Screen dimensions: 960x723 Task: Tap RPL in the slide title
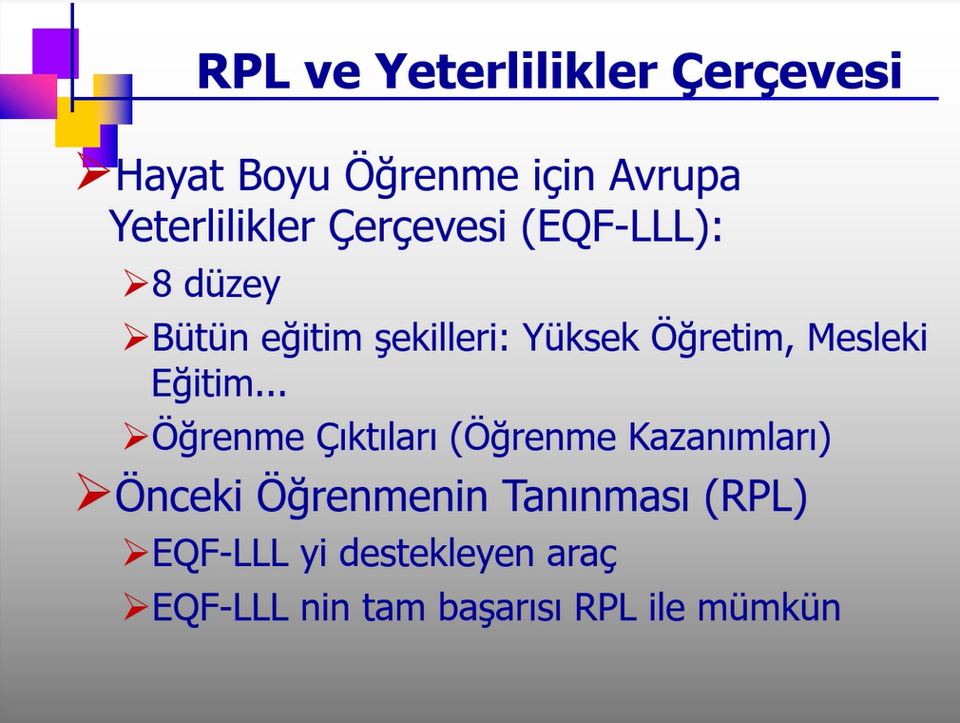click(x=243, y=71)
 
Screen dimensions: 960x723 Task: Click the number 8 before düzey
click(x=162, y=283)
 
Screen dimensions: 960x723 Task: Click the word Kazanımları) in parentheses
click(x=730, y=437)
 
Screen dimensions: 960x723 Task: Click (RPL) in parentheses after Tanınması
click(x=756, y=497)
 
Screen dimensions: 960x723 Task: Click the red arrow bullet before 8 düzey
click(x=135, y=283)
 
